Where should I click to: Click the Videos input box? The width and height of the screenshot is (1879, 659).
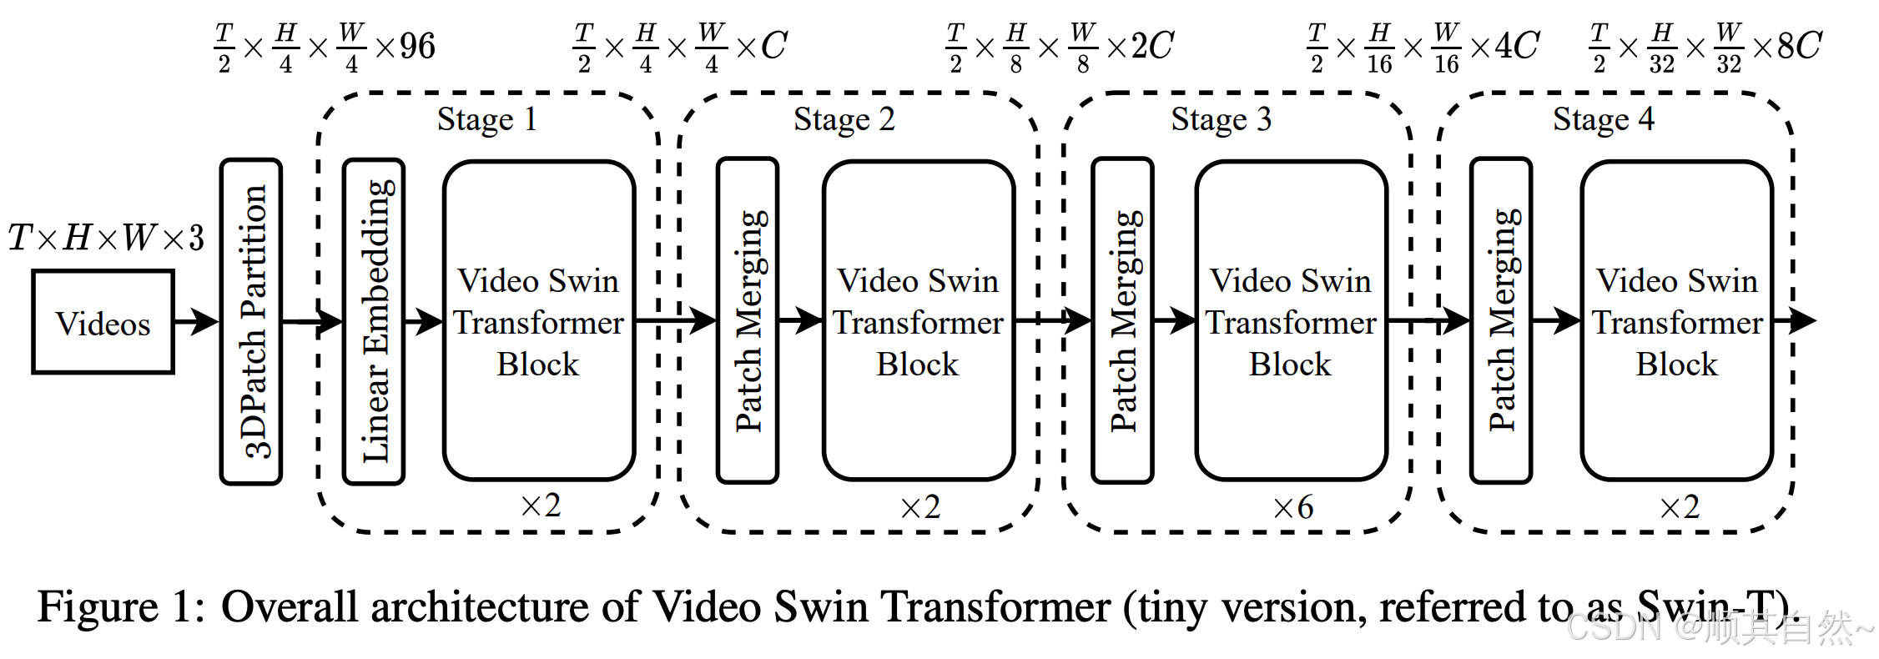pos(103,322)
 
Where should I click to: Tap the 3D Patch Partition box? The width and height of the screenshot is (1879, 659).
pos(251,321)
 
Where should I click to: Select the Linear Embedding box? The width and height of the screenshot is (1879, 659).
pos(374,321)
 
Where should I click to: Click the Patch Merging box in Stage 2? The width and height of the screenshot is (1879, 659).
pos(748,321)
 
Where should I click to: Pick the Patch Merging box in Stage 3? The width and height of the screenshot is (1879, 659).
pos(1122,321)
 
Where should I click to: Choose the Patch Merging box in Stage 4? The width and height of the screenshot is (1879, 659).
pos(1501,321)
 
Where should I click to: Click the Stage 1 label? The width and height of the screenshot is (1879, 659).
pos(486,119)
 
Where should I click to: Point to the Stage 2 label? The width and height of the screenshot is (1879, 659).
pos(844,119)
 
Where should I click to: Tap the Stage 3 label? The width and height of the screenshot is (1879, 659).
pos(1221,119)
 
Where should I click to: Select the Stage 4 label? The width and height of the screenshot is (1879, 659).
pos(1603,119)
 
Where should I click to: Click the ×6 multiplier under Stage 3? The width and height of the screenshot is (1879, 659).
pos(1293,507)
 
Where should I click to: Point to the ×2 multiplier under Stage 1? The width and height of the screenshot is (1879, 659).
pos(541,506)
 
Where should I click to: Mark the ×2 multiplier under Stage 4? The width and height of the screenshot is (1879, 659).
pos(1680,507)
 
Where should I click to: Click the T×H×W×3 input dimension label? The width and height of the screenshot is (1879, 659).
pos(106,239)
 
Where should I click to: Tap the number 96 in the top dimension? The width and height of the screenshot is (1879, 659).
pos(417,46)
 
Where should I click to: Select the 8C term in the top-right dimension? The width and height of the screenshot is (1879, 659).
pos(1799,46)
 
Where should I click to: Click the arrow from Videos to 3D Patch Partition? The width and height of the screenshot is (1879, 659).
pos(197,321)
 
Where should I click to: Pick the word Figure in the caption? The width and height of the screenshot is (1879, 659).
pos(98,606)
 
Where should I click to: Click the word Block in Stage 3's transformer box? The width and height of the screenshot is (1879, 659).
pos(1290,365)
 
